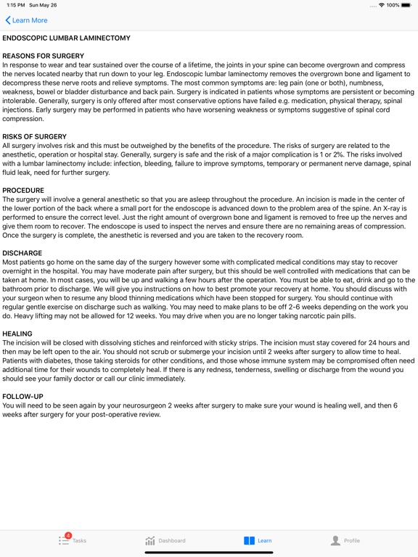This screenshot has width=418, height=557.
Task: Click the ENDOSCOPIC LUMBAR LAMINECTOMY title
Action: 67,38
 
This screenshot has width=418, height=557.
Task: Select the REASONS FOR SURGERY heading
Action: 44,56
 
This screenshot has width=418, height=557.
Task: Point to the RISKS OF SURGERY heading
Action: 35,136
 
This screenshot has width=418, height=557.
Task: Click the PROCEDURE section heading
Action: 23,190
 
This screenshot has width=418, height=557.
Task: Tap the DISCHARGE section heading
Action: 22,253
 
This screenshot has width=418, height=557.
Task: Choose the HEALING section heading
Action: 17,334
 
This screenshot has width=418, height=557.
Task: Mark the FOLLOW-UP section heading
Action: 22,397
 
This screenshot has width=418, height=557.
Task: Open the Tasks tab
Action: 73,540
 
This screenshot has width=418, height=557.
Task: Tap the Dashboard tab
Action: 165,540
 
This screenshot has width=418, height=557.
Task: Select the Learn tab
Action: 258,540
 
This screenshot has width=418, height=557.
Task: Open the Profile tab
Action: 345,540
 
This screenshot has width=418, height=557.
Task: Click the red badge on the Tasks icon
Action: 68,535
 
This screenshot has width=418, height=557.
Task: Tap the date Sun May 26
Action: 43,5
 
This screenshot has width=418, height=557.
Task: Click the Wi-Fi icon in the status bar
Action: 382,5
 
